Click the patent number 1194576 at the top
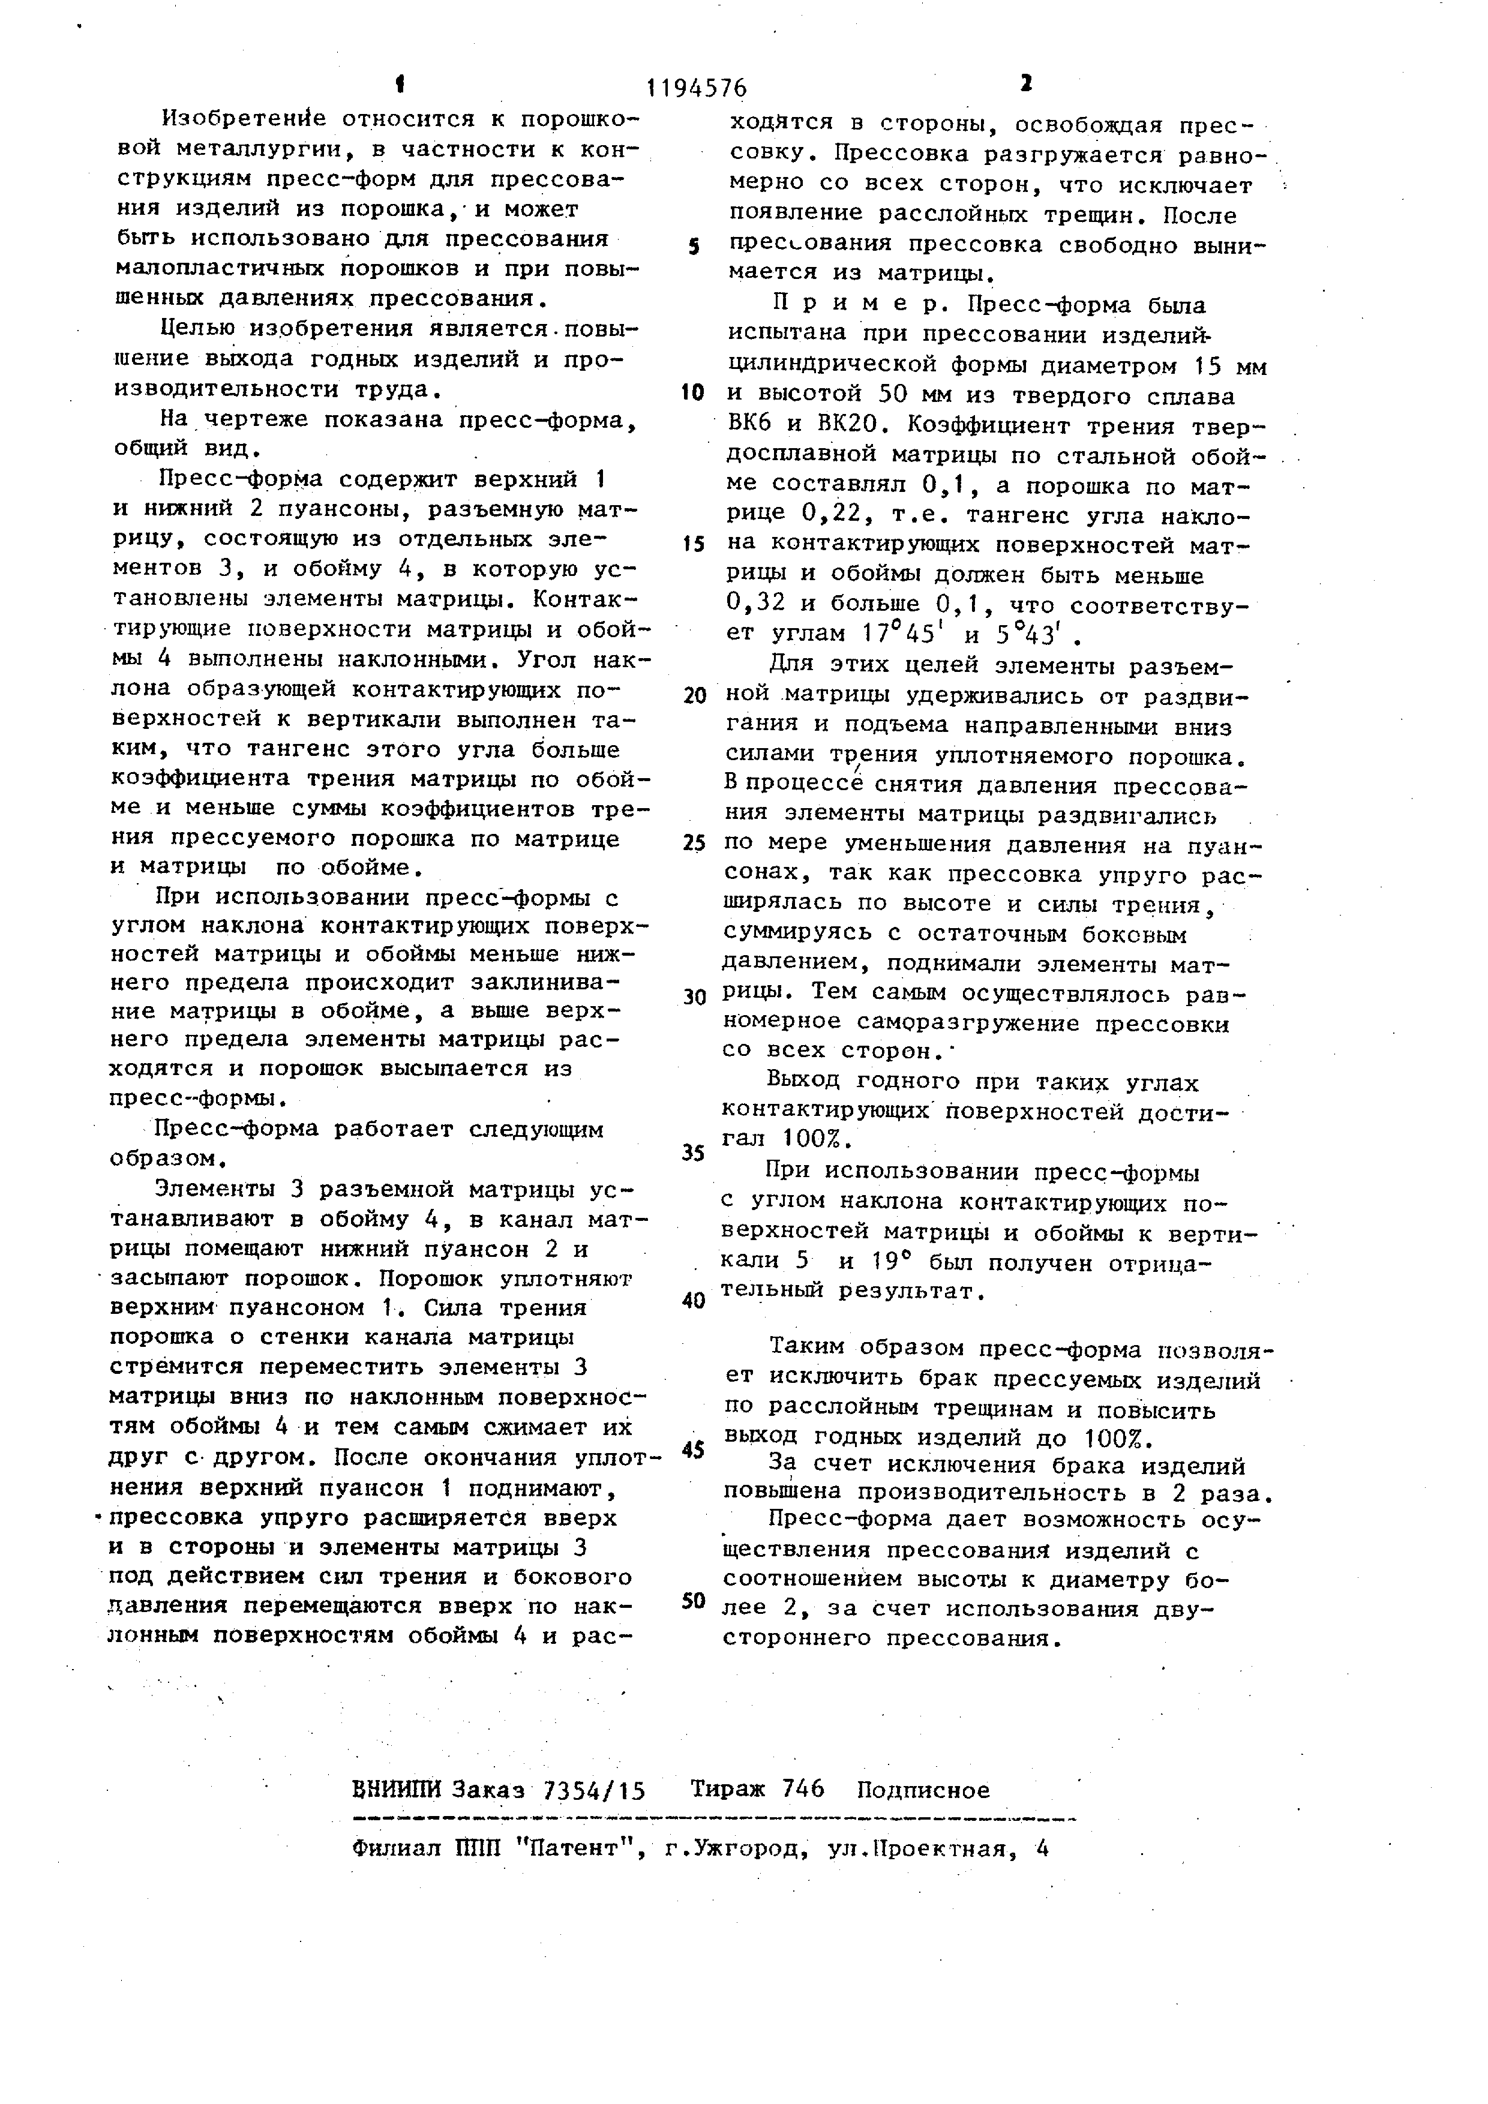click(697, 89)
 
